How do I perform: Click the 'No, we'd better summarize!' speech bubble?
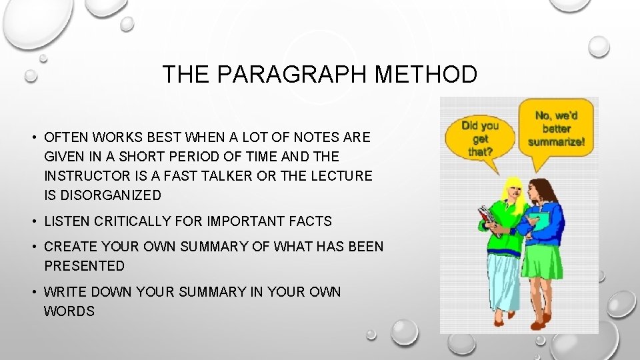pos(556,128)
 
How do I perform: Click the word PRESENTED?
pos(85,265)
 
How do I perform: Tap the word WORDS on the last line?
pos(69,311)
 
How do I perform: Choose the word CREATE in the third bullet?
pos(69,247)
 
